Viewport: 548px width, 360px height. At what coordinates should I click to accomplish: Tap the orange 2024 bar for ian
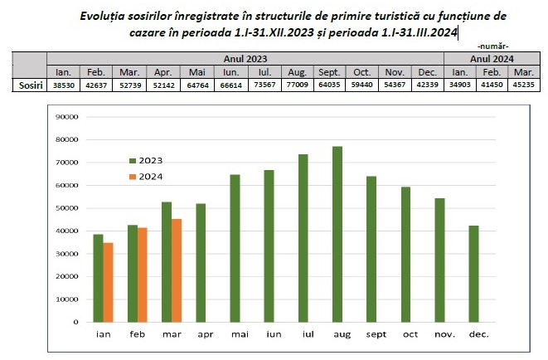pos(108,282)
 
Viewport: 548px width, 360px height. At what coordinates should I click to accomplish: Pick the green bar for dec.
pos(473,274)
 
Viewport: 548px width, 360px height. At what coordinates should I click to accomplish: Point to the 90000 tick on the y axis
pos(65,117)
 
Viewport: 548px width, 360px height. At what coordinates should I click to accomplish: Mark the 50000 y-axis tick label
pos(65,208)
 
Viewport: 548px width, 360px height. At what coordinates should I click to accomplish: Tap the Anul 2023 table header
pos(246,59)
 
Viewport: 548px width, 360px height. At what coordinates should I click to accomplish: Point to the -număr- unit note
pos(492,46)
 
